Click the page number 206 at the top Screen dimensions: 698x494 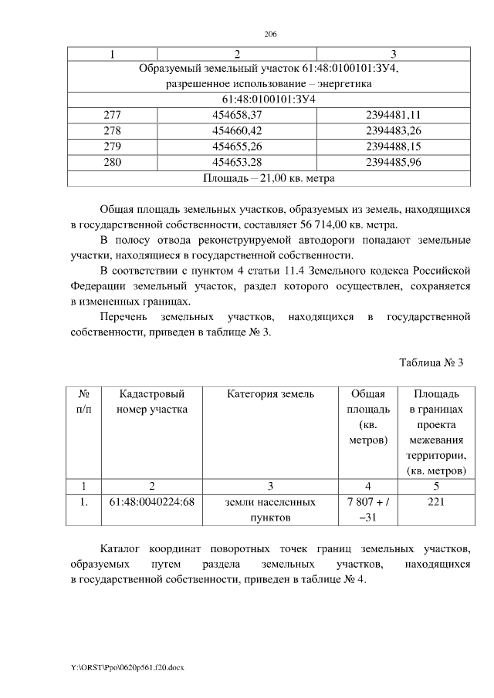[270, 35]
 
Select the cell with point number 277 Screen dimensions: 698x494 [112, 115]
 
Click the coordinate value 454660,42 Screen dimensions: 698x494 [237, 131]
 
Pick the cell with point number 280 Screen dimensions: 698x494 [112, 164]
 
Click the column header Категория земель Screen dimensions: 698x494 [270, 394]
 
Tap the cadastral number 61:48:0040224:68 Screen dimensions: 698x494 [151, 502]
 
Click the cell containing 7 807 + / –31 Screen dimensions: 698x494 [364, 509]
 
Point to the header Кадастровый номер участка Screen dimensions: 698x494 [151, 402]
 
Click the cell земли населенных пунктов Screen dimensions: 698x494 [270, 509]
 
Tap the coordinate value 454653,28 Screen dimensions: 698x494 [237, 164]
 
